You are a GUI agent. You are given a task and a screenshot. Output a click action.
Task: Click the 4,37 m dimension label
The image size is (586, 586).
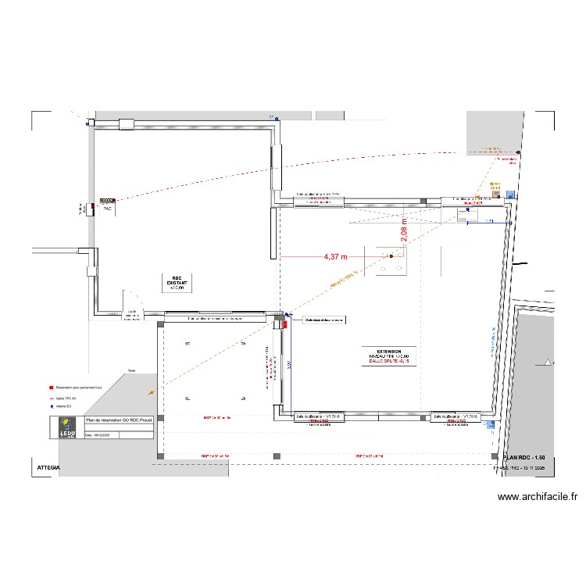click(334, 255)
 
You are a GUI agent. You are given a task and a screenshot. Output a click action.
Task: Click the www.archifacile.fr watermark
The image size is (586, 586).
click(537, 495)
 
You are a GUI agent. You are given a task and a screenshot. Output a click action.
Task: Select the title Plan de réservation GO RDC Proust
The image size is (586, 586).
click(118, 420)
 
